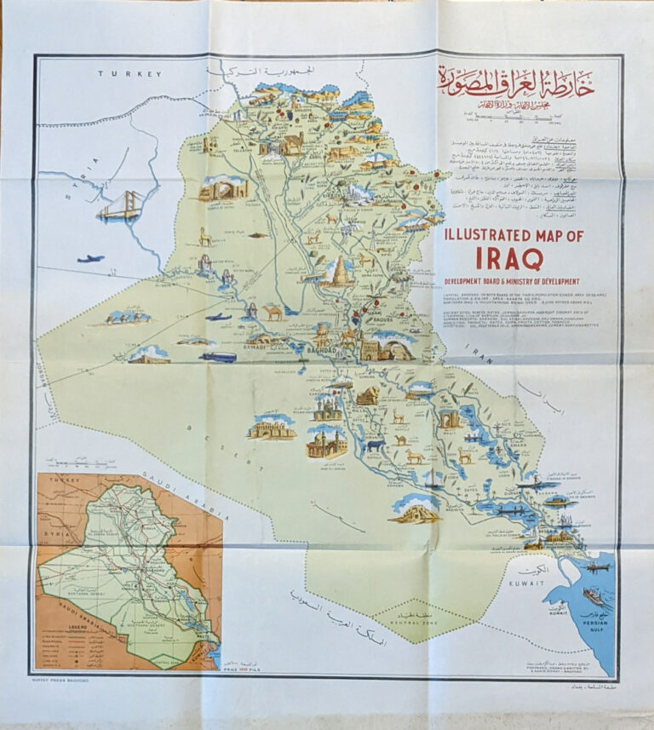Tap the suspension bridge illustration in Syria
tap(118, 205)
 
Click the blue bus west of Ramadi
tap(218, 357)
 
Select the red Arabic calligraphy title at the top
tap(516, 83)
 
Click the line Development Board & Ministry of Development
tap(512, 281)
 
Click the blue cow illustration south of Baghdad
tap(372, 445)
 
